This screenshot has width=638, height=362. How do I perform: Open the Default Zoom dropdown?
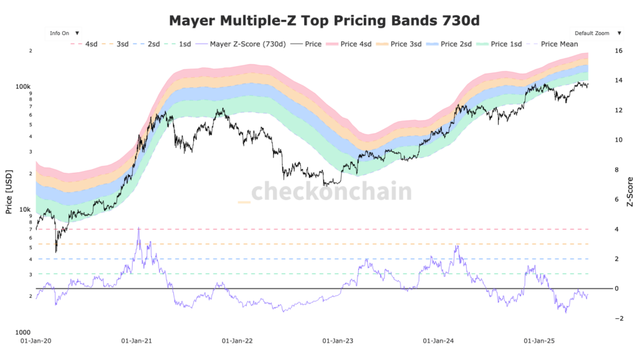pos(596,32)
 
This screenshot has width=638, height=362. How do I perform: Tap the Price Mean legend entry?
pos(558,44)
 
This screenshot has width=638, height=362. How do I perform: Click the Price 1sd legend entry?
pos(508,44)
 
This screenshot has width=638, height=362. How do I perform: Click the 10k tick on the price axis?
pos(26,210)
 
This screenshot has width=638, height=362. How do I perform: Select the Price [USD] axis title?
pos(9,191)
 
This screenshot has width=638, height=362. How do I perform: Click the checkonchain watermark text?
pos(331,191)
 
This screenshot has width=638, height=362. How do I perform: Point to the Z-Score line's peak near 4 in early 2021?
pos(138,228)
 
